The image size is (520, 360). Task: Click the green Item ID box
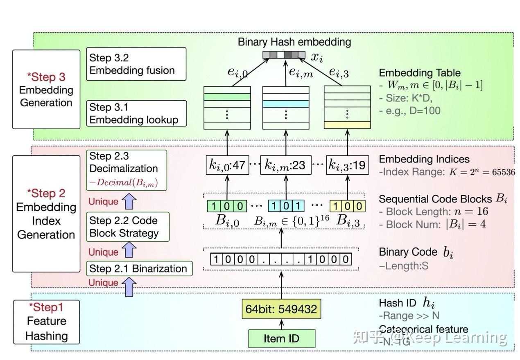282,339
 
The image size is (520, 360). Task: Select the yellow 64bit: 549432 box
281,309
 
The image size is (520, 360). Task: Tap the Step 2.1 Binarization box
138,269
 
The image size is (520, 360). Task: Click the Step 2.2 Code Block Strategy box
124,227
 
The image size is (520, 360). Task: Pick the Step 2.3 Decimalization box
127,170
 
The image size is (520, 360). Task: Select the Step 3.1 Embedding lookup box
136,113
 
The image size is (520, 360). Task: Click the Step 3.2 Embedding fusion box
136,64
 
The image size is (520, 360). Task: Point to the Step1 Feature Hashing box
47,322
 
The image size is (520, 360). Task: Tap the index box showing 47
227,165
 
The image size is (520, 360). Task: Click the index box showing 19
346,165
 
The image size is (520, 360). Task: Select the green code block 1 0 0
227,205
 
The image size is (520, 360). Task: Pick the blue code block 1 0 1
286,205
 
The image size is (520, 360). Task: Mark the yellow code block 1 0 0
348,205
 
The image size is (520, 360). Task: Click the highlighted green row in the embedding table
227,97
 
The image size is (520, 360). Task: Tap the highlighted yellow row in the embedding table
347,125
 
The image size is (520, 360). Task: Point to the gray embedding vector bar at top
284,55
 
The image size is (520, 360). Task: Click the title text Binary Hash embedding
294,42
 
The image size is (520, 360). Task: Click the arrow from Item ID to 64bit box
281,324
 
